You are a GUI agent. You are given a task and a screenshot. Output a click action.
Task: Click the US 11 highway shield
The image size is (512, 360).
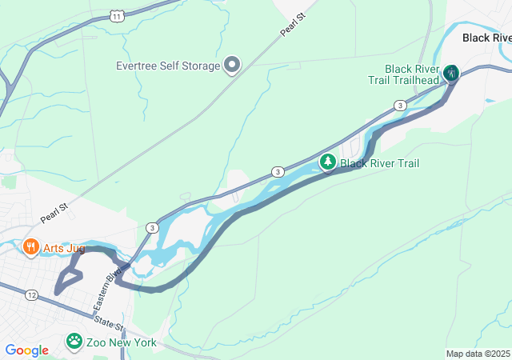[x=118, y=16]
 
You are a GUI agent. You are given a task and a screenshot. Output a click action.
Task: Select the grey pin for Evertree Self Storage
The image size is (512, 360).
[x=232, y=65]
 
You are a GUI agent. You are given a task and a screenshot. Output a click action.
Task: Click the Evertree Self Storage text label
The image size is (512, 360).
[x=167, y=66]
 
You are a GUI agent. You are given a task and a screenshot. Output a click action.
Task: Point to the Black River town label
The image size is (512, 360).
[x=486, y=38]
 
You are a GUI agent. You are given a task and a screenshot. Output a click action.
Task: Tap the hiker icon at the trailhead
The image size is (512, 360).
[x=451, y=74]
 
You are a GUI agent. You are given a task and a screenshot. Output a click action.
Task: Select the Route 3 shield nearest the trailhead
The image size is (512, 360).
[x=399, y=106]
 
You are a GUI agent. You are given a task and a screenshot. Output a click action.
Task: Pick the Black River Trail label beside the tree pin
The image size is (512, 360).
[x=379, y=163]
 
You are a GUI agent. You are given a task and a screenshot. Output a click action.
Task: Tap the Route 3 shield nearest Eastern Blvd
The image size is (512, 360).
[x=151, y=228]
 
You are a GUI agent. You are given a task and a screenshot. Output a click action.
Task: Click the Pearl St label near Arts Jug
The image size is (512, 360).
[x=54, y=213]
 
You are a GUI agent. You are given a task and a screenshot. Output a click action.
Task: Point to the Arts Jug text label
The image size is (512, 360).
[x=64, y=248]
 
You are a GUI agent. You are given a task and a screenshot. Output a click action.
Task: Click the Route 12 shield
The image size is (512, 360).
[x=31, y=295]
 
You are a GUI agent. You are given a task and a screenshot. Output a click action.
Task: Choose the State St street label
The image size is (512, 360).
[x=109, y=325]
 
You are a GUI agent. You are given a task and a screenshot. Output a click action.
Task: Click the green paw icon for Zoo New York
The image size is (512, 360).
[x=74, y=342]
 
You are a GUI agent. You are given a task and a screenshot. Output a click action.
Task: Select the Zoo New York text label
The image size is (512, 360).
[x=122, y=342]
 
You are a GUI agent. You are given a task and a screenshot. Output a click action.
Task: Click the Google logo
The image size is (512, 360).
[x=26, y=350]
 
